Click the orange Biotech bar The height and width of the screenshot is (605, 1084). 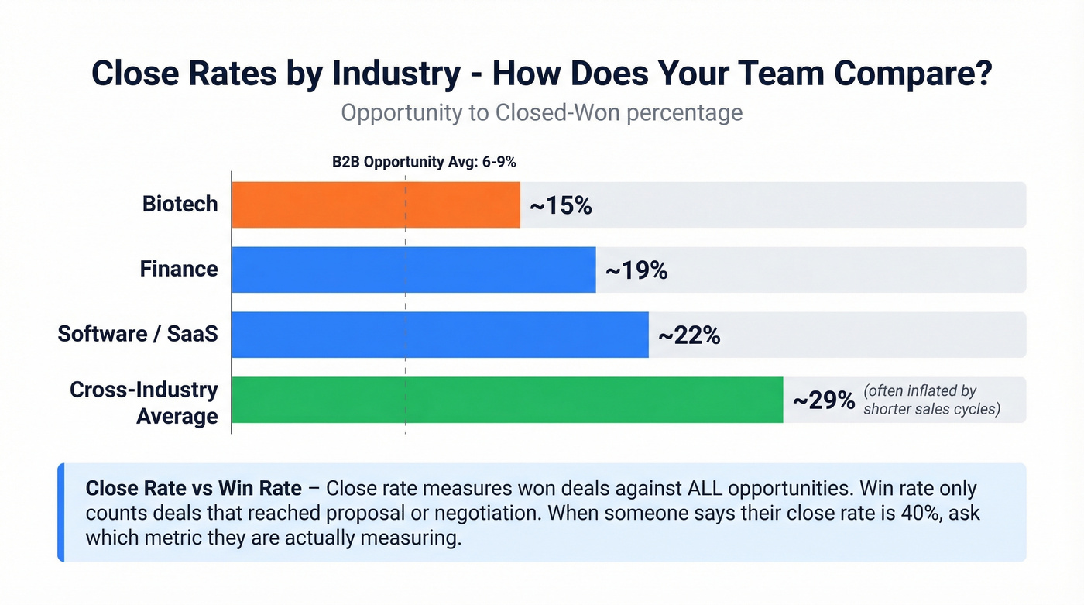click(x=376, y=205)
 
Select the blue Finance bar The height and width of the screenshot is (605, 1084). click(x=413, y=270)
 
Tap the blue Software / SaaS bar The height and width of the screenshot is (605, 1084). click(x=440, y=335)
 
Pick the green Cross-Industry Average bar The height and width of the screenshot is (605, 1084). click(x=507, y=400)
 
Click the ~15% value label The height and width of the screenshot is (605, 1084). click(x=561, y=206)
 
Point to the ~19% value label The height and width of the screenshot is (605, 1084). click(x=636, y=271)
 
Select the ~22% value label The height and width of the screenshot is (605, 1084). click(x=689, y=336)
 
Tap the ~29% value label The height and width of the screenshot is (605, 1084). click(x=824, y=400)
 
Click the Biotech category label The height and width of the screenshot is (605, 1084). click(x=180, y=205)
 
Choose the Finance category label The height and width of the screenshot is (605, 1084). click(x=179, y=270)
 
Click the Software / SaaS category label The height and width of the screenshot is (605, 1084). click(x=138, y=335)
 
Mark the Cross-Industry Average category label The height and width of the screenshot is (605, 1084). click(x=144, y=403)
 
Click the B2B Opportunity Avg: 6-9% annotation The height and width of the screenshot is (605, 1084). click(x=424, y=163)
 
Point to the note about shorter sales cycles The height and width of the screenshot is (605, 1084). click(x=931, y=400)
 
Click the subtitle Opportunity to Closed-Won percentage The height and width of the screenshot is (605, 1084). click(x=541, y=112)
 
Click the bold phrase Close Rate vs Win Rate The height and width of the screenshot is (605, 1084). click(x=194, y=489)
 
